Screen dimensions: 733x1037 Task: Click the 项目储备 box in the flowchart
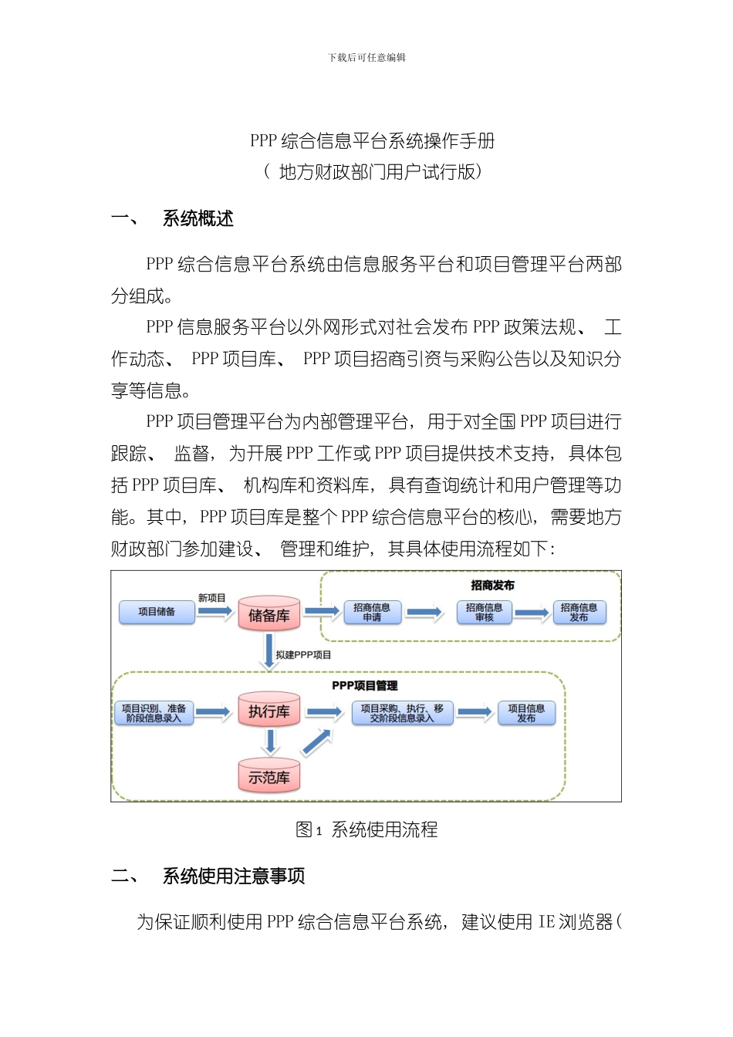157,612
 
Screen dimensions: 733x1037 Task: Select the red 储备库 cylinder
269,615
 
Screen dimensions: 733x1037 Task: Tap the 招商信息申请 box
372,613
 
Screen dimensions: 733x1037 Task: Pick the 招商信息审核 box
484,613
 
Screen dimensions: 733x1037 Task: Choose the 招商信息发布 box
579,613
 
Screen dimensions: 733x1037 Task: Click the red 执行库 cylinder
269,711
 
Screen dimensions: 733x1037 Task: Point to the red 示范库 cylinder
269,776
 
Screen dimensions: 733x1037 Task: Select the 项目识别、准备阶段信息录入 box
154,713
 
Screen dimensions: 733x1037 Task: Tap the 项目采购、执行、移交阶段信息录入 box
402,713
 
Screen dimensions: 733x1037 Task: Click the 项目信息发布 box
526,713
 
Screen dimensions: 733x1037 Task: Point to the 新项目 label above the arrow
211,598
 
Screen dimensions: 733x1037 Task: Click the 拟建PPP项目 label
303,655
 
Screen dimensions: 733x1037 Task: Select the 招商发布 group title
492,586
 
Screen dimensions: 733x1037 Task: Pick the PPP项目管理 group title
365,685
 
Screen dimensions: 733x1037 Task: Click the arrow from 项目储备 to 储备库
214,612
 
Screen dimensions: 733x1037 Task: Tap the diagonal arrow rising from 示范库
316,741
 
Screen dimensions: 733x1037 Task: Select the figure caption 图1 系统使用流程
366,829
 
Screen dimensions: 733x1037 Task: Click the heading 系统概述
198,219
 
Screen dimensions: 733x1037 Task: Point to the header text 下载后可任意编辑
366,57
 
